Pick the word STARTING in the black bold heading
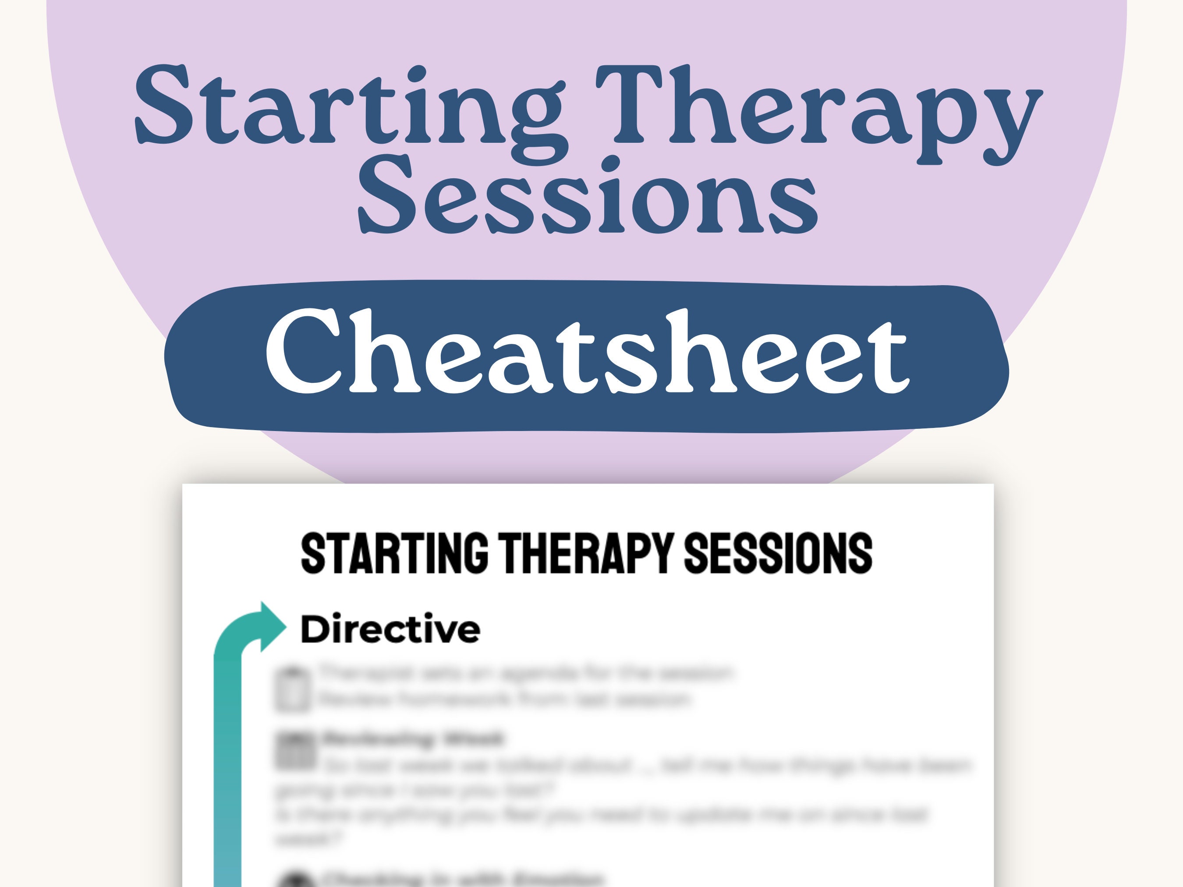[x=394, y=553]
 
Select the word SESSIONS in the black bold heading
[x=778, y=553]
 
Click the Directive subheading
[x=390, y=629]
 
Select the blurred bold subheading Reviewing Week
[x=412, y=739]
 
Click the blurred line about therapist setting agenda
[x=527, y=674]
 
